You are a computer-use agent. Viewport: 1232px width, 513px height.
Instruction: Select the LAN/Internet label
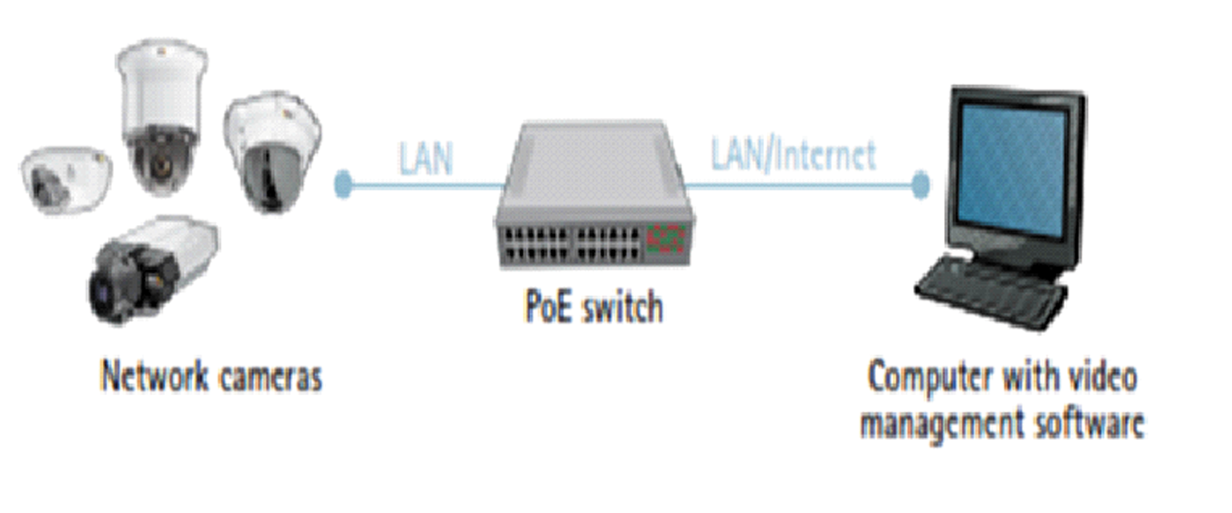[792, 154]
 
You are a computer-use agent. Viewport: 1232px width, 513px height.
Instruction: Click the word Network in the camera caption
[152, 376]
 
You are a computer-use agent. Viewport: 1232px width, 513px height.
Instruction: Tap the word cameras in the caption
[270, 378]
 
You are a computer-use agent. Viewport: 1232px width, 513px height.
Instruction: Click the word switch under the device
[623, 308]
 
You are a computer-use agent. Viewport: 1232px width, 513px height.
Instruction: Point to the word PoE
[548, 308]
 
